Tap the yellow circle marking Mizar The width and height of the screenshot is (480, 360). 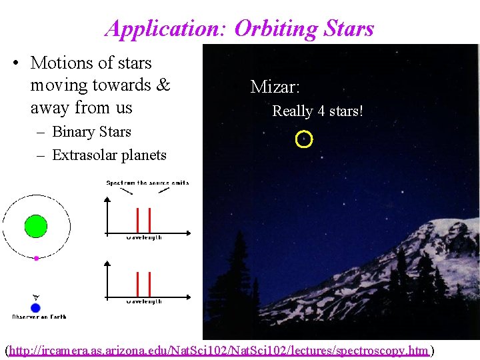tap(303, 139)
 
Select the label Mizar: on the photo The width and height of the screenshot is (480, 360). tap(275, 87)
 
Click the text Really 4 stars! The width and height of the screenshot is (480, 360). tap(317, 111)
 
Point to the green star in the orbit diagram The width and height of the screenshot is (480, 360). tap(36, 226)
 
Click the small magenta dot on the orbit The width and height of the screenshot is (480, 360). tap(37, 257)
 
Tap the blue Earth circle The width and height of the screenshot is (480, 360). tap(36, 308)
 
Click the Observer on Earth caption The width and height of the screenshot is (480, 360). tap(39, 316)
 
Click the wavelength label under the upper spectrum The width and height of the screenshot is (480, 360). tap(144, 237)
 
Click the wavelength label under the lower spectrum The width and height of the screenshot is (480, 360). tap(144, 301)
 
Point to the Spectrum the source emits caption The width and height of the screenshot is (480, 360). tap(147, 183)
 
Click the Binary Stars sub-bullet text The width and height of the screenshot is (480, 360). tap(91, 132)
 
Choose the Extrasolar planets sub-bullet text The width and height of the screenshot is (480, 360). tap(109, 155)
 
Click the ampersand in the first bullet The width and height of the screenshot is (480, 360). tap(163, 85)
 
